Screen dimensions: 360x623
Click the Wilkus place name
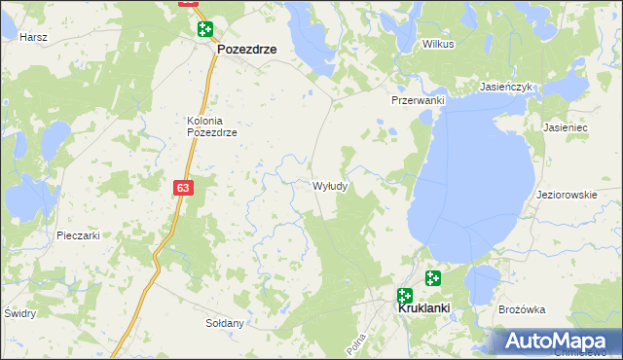[438, 44]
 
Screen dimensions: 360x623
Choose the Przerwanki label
[418, 100]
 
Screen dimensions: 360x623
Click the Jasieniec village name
[568, 127]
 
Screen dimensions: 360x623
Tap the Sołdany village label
[224, 322]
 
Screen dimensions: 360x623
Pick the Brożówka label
[522, 309]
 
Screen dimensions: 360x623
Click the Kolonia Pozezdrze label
[212, 126]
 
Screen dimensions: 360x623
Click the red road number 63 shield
[184, 187]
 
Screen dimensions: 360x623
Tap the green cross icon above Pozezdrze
[204, 29]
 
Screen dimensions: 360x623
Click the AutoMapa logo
[556, 342]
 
